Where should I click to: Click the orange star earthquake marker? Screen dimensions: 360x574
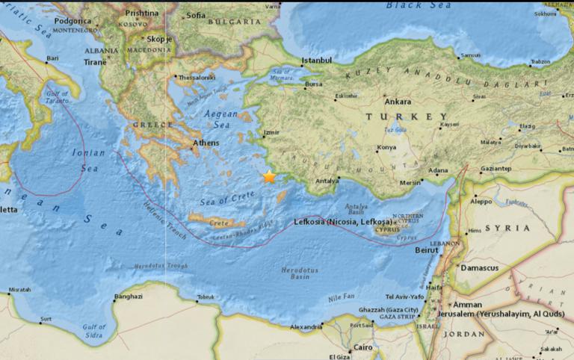[x=269, y=177]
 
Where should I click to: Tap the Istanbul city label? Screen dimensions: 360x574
[x=315, y=60]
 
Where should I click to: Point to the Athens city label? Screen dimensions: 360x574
[x=206, y=143]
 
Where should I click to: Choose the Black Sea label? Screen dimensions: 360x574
[x=409, y=6]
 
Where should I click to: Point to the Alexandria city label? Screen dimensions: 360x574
[x=306, y=327]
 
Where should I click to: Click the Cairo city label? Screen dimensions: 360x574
[x=363, y=347]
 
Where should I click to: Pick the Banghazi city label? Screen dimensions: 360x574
[x=128, y=297]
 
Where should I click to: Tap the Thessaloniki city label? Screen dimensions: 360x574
[x=197, y=76]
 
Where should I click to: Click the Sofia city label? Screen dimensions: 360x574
[x=196, y=15]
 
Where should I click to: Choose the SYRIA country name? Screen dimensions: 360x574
[x=507, y=227]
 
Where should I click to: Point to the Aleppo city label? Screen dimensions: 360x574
[x=482, y=201]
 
